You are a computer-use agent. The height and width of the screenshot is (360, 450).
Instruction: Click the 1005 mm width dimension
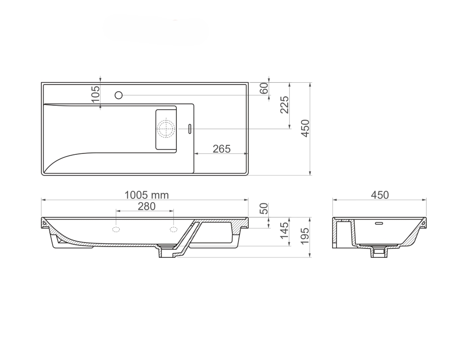click(147, 195)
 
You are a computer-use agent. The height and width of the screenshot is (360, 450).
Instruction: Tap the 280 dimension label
click(147, 206)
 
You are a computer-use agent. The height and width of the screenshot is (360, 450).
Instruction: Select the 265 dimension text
click(221, 148)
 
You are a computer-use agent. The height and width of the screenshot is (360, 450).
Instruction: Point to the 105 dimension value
click(95, 94)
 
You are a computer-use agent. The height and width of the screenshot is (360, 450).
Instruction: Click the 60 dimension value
click(264, 88)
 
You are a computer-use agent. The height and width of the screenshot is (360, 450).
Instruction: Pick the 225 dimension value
click(284, 105)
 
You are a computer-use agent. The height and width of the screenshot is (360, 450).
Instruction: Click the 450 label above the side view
click(380, 195)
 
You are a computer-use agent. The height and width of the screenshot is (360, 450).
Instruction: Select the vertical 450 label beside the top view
click(306, 128)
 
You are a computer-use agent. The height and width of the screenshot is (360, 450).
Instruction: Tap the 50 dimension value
click(264, 209)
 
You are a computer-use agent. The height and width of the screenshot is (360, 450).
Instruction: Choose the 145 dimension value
click(284, 230)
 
